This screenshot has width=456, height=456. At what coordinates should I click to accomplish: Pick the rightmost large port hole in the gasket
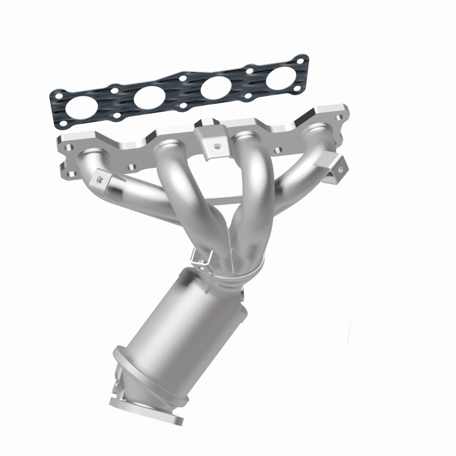[x=280, y=78]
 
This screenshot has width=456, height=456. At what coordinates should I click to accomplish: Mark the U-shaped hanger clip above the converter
[x=201, y=256]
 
